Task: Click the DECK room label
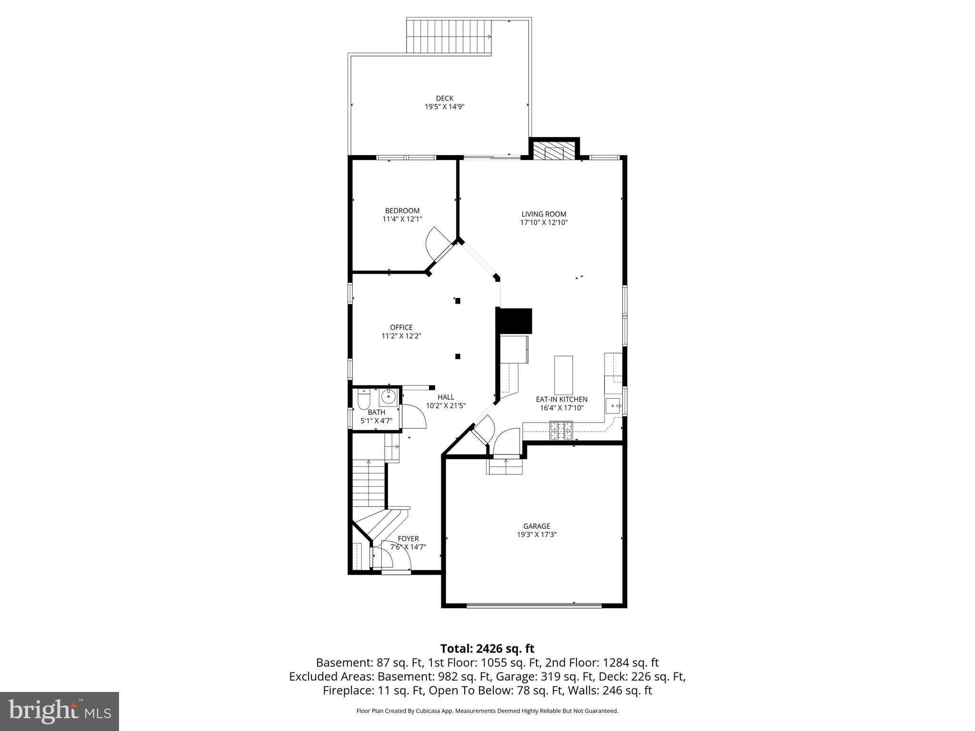click(x=444, y=99)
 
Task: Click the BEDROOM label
click(x=402, y=211)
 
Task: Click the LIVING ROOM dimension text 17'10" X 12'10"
click(x=544, y=222)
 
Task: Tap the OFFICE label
click(x=401, y=327)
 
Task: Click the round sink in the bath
click(x=388, y=396)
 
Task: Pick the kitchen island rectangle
click(x=564, y=375)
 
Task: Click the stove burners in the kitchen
click(x=561, y=431)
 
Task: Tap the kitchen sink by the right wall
click(x=613, y=406)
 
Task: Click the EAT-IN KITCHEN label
click(x=562, y=399)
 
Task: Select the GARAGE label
click(x=537, y=526)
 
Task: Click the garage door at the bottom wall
click(x=534, y=605)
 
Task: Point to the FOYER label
click(x=408, y=539)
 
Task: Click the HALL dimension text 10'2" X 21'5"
click(x=446, y=406)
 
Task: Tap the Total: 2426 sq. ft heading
click(x=487, y=649)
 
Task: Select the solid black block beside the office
click(x=514, y=321)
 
